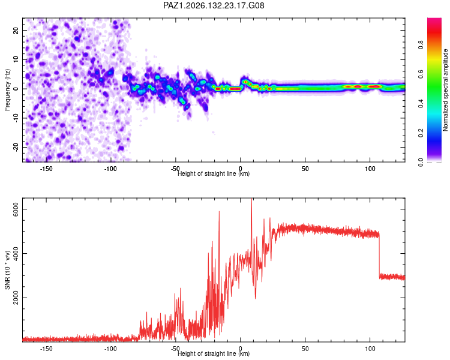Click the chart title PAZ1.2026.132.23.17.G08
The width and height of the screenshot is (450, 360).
tap(214, 5)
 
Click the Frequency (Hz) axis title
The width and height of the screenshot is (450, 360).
tap(7, 90)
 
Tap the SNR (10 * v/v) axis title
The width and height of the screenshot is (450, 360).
tap(7, 270)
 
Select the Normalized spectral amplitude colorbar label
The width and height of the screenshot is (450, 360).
tap(445, 90)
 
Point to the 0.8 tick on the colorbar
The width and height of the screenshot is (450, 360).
tap(421, 45)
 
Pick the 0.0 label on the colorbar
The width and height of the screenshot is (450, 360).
tap(421, 162)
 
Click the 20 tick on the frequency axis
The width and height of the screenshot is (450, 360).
tap(16, 30)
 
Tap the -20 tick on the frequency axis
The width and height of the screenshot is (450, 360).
tap(16, 147)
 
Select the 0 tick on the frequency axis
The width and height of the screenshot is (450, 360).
tap(16, 89)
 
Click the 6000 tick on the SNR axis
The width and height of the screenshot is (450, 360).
tap(16, 209)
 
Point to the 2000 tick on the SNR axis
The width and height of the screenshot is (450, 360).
tap(16, 298)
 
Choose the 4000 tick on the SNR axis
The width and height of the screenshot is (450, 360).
tap(16, 253)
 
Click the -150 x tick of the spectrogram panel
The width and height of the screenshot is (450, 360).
tap(46, 169)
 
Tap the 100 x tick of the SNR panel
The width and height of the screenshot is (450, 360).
tap(370, 349)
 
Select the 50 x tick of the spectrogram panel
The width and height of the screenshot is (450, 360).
tap(305, 169)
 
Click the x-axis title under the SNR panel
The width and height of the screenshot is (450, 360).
tap(214, 353)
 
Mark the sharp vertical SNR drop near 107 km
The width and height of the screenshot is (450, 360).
tap(379, 255)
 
